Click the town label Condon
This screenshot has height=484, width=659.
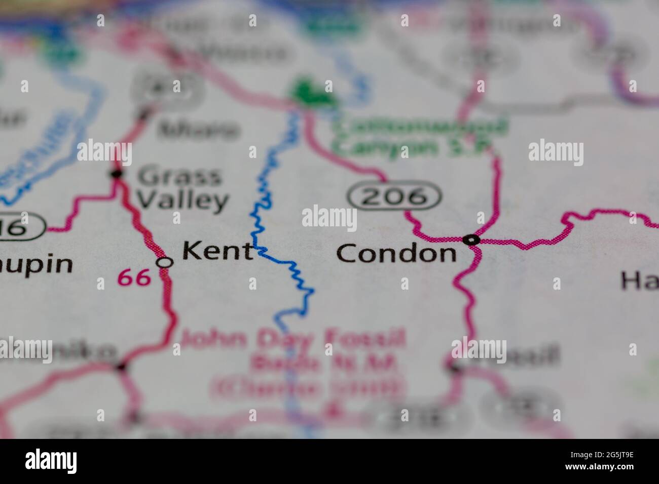click(397, 253)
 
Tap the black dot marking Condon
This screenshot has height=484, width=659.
click(471, 239)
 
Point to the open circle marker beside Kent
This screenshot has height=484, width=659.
click(164, 262)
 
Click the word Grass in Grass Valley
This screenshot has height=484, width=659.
click(180, 177)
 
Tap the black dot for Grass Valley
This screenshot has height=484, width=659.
click(117, 174)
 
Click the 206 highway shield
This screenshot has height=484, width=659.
click(394, 196)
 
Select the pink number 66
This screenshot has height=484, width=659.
click(134, 277)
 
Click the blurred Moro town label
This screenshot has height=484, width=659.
click(198, 130)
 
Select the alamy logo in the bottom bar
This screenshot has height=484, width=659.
click(51, 461)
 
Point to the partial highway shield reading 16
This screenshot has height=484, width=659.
click(20, 228)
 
